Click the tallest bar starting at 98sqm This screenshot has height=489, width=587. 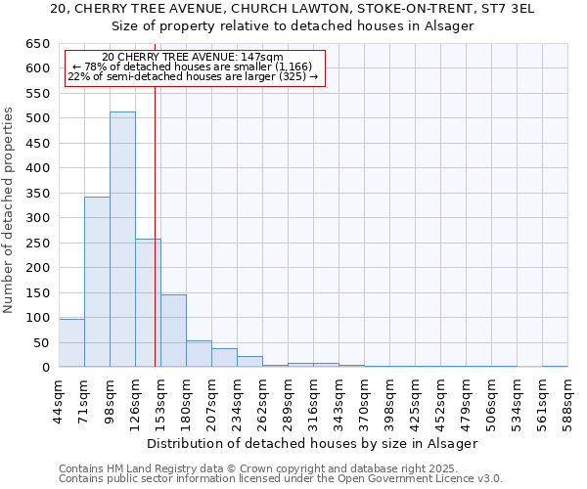coord(122,240)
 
